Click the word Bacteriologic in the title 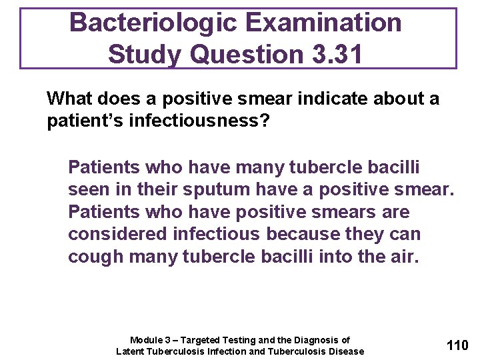pyautogui.click(x=153, y=23)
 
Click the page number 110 pyautogui.click(x=457, y=345)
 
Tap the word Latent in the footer pyautogui.click(x=131, y=351)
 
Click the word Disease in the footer pyautogui.click(x=346, y=351)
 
